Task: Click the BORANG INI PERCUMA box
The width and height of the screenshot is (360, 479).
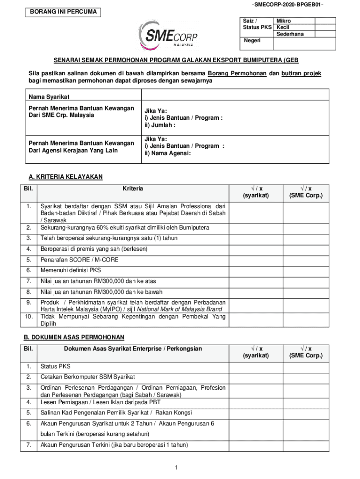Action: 63,12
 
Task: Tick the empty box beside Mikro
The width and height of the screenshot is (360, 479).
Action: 325,21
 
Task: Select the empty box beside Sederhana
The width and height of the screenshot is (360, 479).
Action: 325,34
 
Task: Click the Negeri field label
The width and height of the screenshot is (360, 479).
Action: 252,41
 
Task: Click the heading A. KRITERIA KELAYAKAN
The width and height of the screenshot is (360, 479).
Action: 65,176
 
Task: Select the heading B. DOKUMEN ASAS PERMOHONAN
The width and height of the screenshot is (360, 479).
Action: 74,337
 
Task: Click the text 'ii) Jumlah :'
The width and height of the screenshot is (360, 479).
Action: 160,125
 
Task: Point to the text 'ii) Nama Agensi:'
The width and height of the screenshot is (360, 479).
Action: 167,153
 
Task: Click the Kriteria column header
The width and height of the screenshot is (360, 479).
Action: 133,189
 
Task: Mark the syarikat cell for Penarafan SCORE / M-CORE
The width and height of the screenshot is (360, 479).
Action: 255,260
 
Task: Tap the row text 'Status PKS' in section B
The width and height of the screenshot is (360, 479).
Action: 55,366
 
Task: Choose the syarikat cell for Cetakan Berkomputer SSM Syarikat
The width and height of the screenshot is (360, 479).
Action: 255,377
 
